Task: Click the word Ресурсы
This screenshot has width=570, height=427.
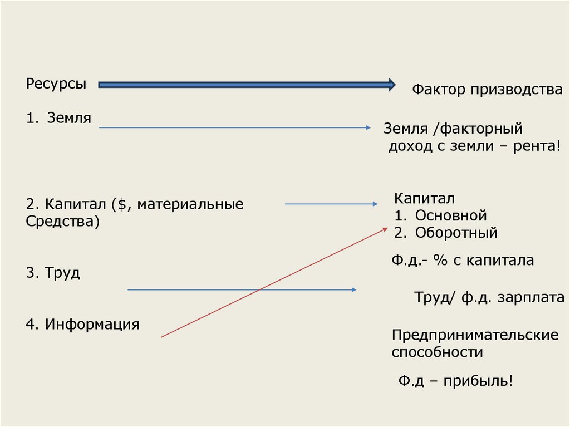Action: coord(56,85)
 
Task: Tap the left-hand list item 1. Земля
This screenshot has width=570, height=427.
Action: coord(58,117)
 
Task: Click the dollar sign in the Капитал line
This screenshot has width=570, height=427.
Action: coord(121,204)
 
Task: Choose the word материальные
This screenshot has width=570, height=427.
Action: coord(190,204)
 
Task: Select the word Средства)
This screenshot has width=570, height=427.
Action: coord(63,222)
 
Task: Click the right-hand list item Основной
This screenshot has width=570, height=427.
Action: coord(451,215)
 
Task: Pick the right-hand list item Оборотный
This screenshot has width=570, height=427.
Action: coord(456,233)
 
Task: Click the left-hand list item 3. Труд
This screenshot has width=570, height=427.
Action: coord(53,273)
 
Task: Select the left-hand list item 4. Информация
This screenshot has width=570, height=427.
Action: coord(82,323)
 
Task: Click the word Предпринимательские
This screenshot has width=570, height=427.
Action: coord(475,335)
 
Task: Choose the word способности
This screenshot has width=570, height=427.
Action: coord(437,352)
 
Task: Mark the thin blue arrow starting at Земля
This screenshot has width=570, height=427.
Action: coord(234,128)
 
